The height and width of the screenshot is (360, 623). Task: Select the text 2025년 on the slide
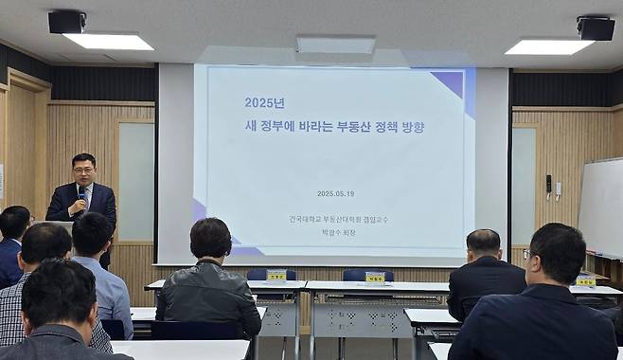point(265,102)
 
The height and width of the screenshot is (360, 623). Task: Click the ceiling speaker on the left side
point(66,21)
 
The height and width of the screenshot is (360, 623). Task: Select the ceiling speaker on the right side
point(596,28)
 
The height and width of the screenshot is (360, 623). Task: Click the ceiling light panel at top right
point(548,46)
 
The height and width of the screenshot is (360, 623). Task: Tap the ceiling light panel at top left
point(107,42)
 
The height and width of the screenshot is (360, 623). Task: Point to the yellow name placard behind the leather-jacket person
point(276,276)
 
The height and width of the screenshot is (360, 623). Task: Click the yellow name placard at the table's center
point(375,278)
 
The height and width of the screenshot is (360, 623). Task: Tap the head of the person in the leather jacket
point(210,237)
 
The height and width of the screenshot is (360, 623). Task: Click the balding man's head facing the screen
point(483,243)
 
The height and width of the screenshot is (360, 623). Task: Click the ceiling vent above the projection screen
point(335,45)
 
